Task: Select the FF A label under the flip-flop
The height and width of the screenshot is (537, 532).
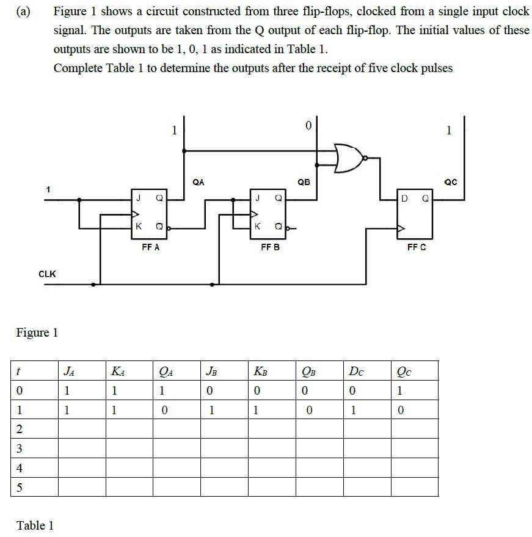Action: pyautogui.click(x=150, y=247)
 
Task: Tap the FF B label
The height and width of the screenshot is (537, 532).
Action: pyautogui.click(x=270, y=247)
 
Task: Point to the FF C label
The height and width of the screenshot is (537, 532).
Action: pyautogui.click(x=417, y=247)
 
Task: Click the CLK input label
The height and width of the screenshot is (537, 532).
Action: pyautogui.click(x=47, y=274)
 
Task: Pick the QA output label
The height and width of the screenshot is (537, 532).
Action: pyautogui.click(x=199, y=181)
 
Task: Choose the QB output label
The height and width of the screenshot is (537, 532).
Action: pyautogui.click(x=304, y=181)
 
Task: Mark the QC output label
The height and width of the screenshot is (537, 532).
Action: pyautogui.click(x=451, y=181)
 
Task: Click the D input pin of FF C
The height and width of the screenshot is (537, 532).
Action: pyautogui.click(x=404, y=198)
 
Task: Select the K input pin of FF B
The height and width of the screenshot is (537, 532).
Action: pyautogui.click(x=258, y=227)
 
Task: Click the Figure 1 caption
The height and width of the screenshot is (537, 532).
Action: pyautogui.click(x=37, y=332)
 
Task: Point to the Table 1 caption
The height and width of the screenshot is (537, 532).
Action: pyautogui.click(x=35, y=525)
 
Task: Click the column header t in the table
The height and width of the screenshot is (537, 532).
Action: pyautogui.click(x=20, y=370)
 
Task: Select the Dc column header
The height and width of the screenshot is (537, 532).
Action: pyautogui.click(x=355, y=370)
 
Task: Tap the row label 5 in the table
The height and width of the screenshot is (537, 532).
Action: pyautogui.click(x=20, y=488)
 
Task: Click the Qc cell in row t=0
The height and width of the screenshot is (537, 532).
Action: pyautogui.click(x=400, y=390)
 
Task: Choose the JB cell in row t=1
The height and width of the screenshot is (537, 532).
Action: pyautogui.click(x=211, y=409)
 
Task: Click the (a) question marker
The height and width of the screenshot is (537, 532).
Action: pyautogui.click(x=23, y=12)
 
